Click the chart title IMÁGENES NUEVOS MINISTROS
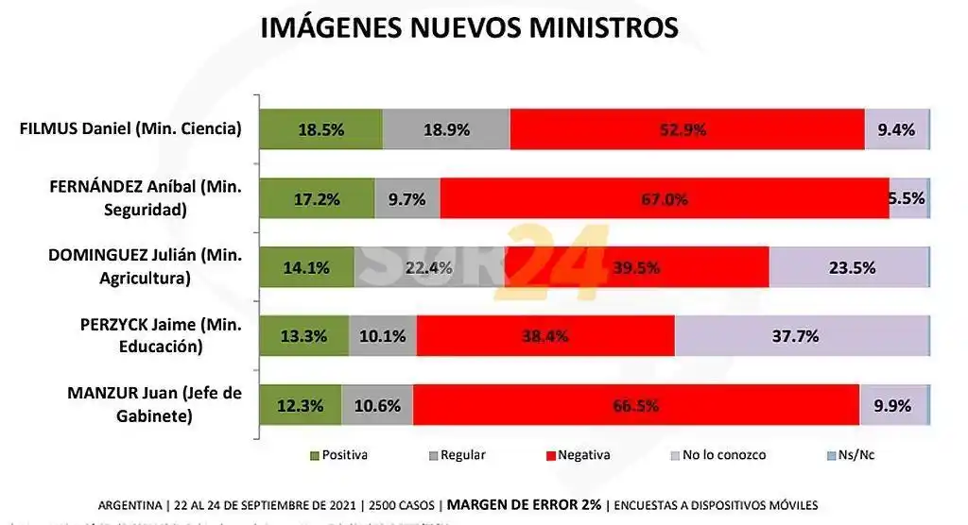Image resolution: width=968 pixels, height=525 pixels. (469, 26)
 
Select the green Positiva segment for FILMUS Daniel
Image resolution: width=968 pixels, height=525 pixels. (320, 130)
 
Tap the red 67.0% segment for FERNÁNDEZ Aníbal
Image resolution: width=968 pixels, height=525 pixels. (664, 198)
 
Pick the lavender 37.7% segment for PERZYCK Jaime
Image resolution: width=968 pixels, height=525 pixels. (802, 335)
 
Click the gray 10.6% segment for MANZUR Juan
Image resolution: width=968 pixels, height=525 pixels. (377, 406)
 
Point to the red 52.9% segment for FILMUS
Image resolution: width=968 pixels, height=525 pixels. (686, 130)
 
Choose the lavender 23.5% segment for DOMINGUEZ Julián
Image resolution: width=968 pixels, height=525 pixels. (849, 267)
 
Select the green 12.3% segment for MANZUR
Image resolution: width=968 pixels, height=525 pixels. (300, 406)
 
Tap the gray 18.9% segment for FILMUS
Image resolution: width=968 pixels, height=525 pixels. (446, 130)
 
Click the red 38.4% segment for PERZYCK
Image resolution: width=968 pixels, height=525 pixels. (544, 335)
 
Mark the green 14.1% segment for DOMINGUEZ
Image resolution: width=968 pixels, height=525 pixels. (306, 267)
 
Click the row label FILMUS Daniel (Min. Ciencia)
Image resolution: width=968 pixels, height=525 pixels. (130, 129)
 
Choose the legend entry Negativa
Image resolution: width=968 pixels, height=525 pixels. (583, 455)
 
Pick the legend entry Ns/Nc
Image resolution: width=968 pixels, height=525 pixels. (854, 455)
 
